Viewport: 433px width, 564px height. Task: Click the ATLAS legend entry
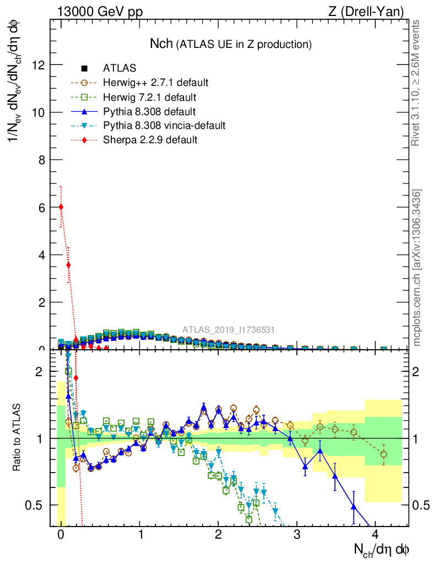coord(119,69)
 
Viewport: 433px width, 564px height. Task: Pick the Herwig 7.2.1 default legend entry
coord(149,97)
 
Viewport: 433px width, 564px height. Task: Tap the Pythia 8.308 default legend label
coord(149,112)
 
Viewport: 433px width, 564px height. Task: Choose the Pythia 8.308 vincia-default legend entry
coord(164,126)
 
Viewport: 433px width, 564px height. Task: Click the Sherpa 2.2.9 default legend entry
coord(150,140)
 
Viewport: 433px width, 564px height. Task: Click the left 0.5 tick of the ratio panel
coord(37,505)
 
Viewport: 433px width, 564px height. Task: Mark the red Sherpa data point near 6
coord(61,207)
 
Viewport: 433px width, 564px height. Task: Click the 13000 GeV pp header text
coord(100,12)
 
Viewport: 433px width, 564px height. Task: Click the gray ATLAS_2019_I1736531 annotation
coord(229,330)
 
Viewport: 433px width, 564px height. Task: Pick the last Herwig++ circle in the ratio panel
coord(383,454)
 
